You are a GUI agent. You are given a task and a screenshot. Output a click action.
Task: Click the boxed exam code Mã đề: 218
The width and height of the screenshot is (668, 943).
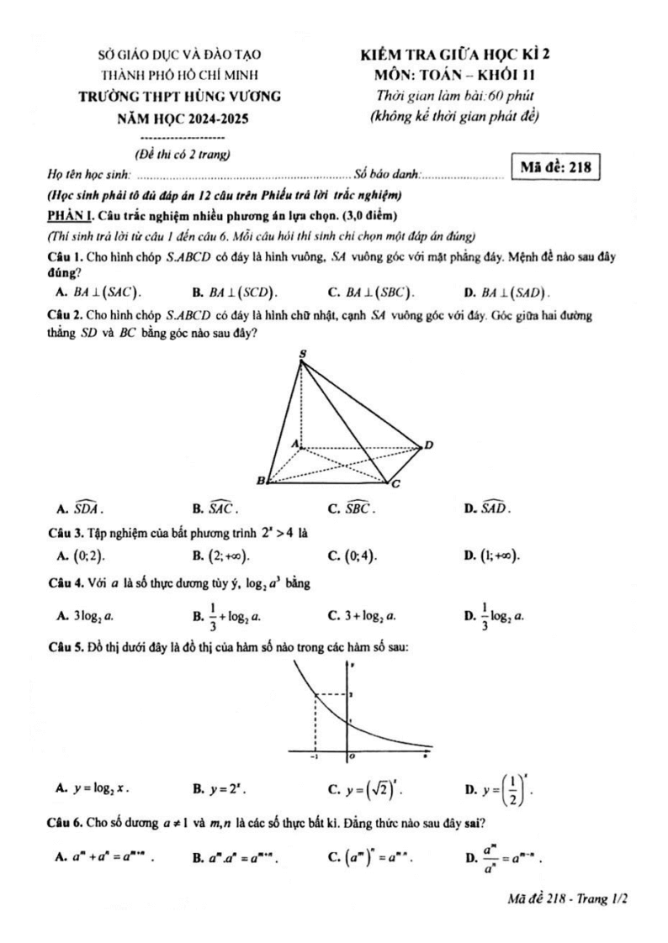click(555, 166)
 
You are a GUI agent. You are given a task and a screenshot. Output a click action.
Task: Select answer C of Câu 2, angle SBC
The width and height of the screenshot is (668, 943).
click(354, 508)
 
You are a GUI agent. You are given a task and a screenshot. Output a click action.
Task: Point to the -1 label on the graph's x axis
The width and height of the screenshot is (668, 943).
click(314, 756)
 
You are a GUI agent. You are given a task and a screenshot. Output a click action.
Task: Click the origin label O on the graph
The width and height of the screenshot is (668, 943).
click(354, 756)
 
